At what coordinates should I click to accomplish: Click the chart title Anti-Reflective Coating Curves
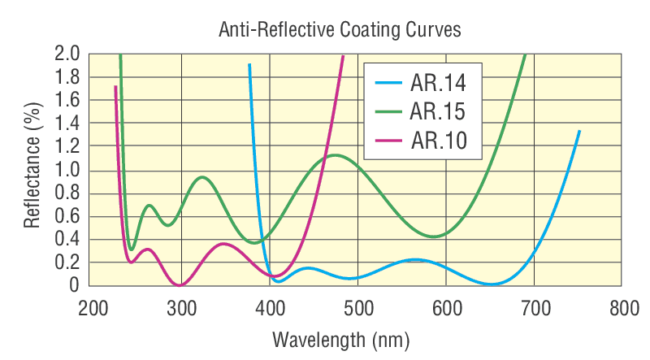pos(340,30)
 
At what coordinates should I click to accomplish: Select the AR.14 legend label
pos(438,82)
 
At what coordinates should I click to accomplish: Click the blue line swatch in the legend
pos(388,82)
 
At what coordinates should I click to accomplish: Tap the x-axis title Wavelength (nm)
pos(340,337)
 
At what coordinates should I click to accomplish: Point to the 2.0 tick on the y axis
pos(67,54)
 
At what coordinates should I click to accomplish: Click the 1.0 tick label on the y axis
pos(67,170)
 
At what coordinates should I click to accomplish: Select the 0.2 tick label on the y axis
pos(67,262)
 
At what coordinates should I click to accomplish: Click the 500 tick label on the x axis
pos(358,309)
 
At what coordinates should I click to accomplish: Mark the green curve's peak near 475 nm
pos(336,155)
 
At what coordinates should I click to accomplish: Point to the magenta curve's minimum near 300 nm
pos(180,284)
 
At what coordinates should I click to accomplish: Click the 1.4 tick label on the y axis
pos(67,124)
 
